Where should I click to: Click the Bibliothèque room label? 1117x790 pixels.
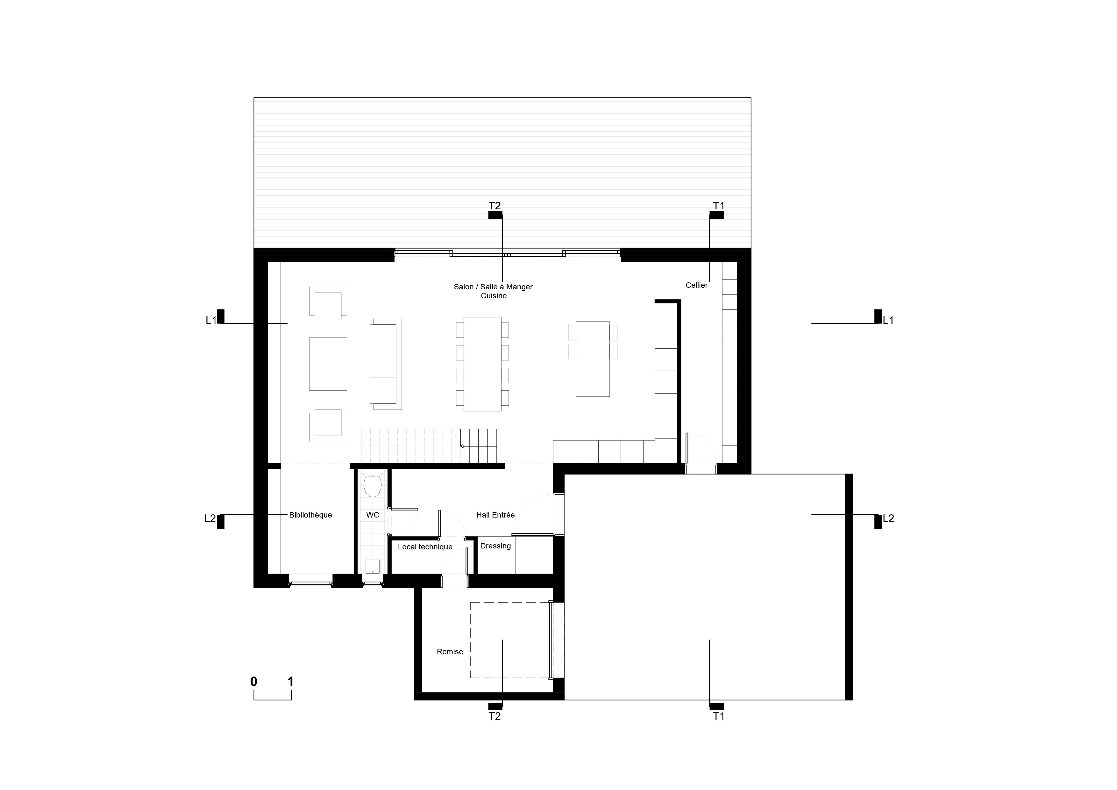pos(310,515)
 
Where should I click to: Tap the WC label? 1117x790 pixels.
pos(373,515)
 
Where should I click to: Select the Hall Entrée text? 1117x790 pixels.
pos(495,515)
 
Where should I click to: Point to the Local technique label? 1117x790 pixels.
pos(425,547)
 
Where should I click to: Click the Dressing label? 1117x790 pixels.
pos(495,546)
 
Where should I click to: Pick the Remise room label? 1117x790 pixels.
pos(450,652)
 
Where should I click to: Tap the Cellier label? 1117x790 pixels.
pos(697,285)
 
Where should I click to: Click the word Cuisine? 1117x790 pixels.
pos(494,296)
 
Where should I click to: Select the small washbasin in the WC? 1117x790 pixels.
pos(373,566)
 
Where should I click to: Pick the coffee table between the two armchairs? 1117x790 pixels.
pos(328,364)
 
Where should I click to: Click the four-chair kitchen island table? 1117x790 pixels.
pos(593,359)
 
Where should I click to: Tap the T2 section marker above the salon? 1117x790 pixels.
pos(495,210)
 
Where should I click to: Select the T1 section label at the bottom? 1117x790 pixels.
pos(719,716)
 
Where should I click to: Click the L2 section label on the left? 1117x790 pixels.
pos(210,519)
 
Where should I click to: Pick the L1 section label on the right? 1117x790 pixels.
pos(888,320)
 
